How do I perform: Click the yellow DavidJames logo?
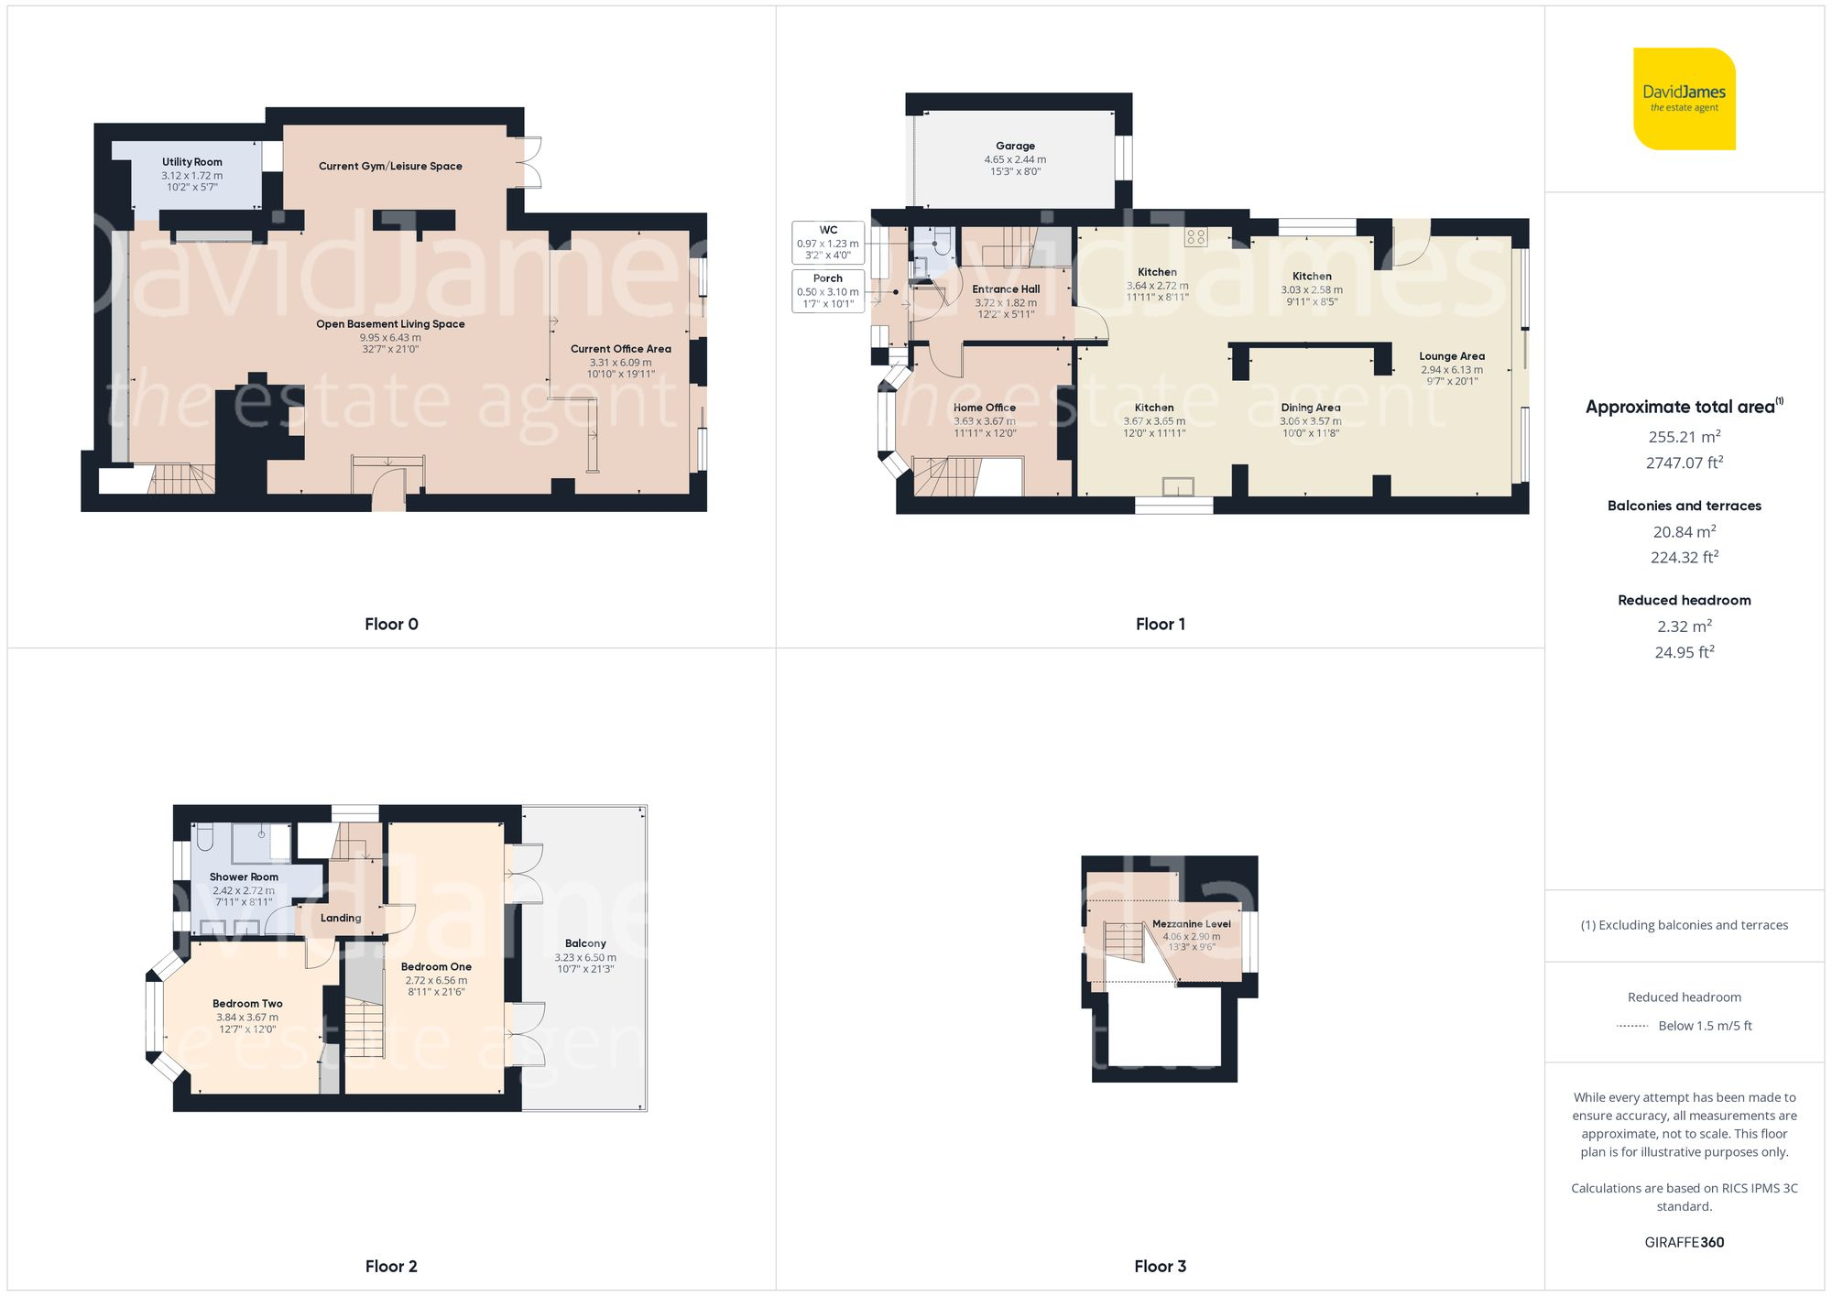coord(1684,99)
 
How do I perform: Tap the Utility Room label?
coord(192,162)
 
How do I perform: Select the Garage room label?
coord(1015,146)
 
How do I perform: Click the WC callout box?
coord(828,243)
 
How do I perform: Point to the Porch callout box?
coord(828,290)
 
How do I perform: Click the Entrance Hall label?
coord(1006,289)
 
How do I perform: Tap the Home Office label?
coord(985,408)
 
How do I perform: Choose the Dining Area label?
coord(1310,408)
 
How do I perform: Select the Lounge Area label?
coord(1452,356)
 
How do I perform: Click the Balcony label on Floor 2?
coord(585,943)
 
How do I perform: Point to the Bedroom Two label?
coord(247,1004)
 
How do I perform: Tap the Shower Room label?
coord(244,877)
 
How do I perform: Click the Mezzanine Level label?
coord(1191,924)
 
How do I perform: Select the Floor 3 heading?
coord(1160,1266)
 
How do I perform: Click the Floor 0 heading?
coord(391,624)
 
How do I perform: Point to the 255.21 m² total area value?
coord(1684,437)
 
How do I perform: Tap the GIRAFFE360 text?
coord(1684,1242)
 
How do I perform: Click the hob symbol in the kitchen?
coord(1195,237)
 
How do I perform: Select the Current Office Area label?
coord(620,349)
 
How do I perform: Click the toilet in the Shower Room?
coord(205,837)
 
